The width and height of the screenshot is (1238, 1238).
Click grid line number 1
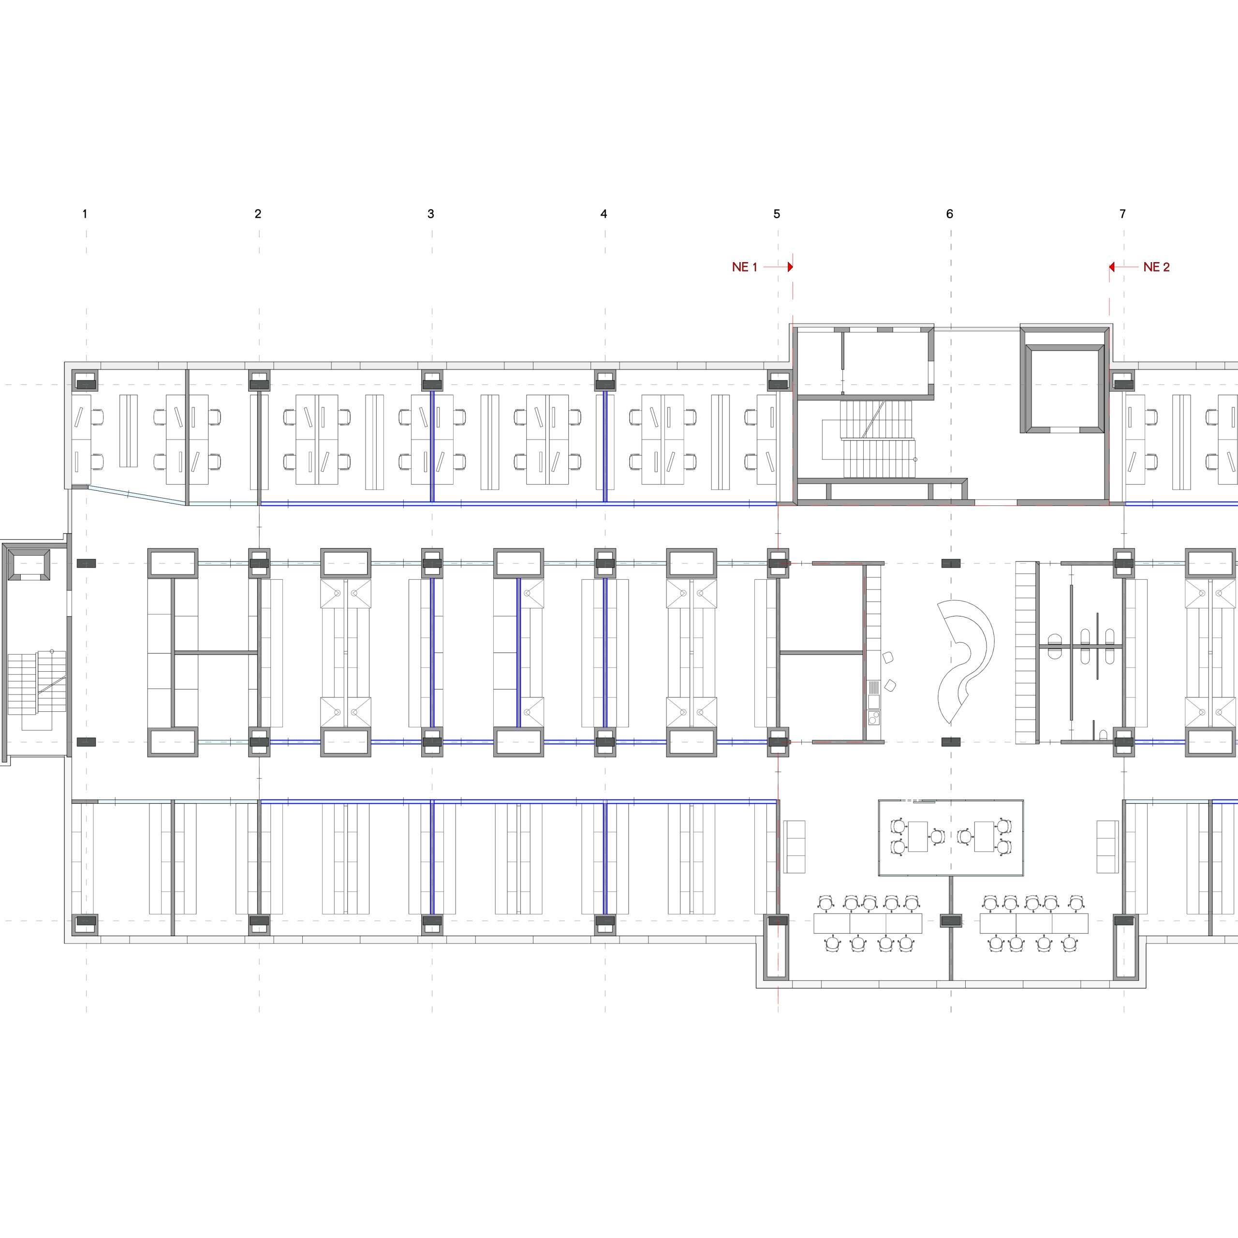pos(85,214)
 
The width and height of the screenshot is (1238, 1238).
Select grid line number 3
pos(430,214)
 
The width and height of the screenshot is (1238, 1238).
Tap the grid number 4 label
pos(604,214)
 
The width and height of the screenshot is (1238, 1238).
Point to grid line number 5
pos(777,214)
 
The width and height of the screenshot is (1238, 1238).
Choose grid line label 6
pos(950,214)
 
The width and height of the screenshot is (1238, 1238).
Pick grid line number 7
pos(1122,214)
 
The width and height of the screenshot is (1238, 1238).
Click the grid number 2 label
pos(258,214)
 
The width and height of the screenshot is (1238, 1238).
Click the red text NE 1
pos(745,267)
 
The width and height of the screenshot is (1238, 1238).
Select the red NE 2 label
pos(1157,267)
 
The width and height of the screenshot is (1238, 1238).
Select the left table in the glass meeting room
pos(917,836)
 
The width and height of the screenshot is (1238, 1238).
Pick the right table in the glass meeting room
pos(984,836)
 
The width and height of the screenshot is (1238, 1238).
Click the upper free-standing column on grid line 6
pos(951,563)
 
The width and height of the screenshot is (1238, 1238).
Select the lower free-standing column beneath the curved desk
pos(951,742)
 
